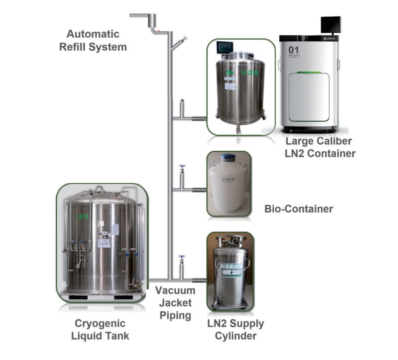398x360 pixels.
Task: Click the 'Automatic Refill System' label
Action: (93, 40)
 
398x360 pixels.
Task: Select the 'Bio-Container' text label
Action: (299, 209)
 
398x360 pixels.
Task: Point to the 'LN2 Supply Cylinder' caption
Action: (236, 330)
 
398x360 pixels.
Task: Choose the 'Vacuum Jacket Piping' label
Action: (176, 303)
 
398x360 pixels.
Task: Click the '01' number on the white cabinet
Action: (293, 51)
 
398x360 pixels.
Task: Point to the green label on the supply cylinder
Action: (230, 270)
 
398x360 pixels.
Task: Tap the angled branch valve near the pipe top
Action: (180, 42)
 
